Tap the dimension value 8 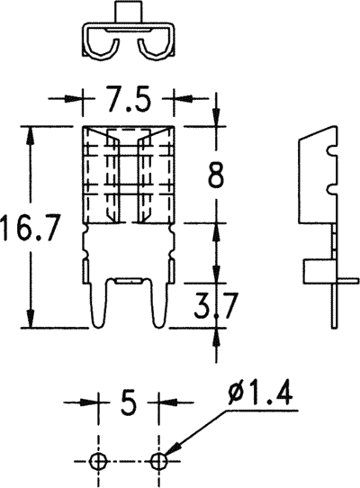pos(216,176)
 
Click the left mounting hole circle pos(99,461)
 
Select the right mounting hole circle pos(159,461)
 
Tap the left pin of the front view pos(98,302)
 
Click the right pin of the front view pos(158,302)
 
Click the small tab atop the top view pos(129,14)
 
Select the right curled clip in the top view pos(154,48)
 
